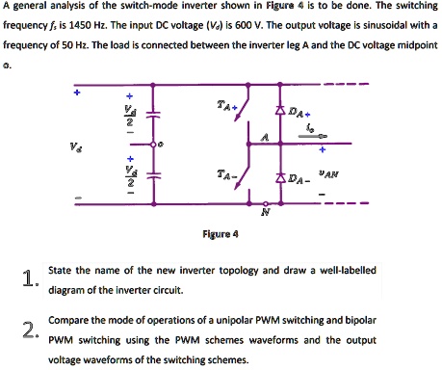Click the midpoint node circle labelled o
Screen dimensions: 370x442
pyautogui.click(x=160, y=147)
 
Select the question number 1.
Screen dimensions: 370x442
pyautogui.click(x=30, y=279)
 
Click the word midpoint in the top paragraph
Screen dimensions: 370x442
pyautogui.click(x=409, y=44)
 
